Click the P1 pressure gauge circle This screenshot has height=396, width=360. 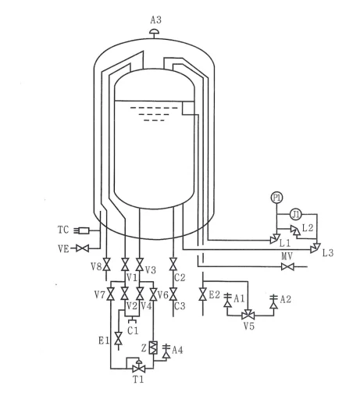tap(276, 198)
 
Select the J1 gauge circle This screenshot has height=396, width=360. tap(295, 215)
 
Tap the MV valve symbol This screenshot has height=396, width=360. tap(287, 267)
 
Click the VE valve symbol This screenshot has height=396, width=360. tap(83, 248)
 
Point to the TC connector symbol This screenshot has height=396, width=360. tap(81, 230)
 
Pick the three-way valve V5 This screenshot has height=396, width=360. tap(248, 315)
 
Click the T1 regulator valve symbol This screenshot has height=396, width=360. tap(139, 367)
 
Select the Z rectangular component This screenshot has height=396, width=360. tap(153, 348)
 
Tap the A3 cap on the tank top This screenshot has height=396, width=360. tap(155, 33)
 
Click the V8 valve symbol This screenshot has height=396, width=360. tap(106, 264)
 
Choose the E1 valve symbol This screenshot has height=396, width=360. tap(119, 338)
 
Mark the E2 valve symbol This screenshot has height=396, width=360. tap(202, 294)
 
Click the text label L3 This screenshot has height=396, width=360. tap(328, 253)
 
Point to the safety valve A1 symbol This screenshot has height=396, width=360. tap(228, 301)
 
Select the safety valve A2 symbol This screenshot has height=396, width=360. tap(273, 301)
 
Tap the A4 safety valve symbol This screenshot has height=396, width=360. tap(166, 351)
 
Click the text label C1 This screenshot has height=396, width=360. tap(133, 330)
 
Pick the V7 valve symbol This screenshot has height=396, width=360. tap(112, 294)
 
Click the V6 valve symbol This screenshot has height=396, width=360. tap(153, 294)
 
